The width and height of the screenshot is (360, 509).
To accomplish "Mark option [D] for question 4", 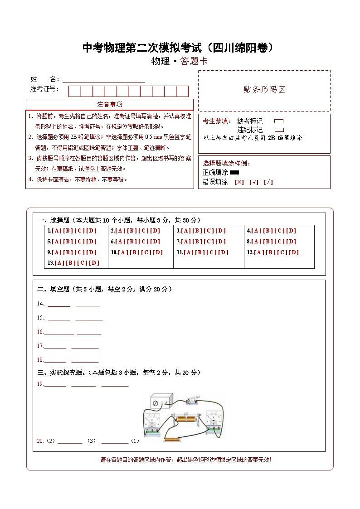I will pos(291,231).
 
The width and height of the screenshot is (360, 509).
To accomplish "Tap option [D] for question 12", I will pos(294,252).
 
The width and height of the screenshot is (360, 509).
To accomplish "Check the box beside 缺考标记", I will pos(279,121).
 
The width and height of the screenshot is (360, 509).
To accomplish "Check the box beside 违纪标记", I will pos(279,130).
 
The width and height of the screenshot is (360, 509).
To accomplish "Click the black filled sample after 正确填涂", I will pos(234,172).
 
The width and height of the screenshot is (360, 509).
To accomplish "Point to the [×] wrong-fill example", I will pos(239,182).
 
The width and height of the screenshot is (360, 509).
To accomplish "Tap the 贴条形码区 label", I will pos(264,90).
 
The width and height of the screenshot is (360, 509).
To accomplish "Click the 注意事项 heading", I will pos(110,104).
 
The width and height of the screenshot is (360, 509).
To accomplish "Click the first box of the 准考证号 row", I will pos(74,91).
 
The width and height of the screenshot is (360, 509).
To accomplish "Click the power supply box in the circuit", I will pos(162,402).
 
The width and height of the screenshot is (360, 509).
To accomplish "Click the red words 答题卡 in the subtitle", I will pos(194,62).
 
